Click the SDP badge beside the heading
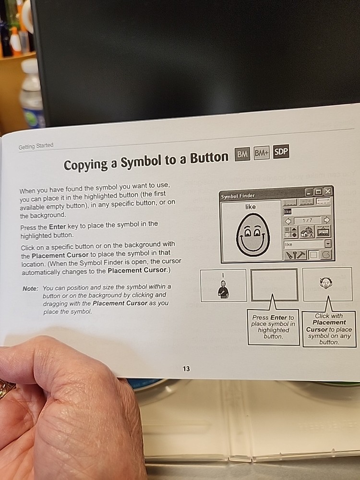point(281,152)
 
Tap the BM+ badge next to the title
point(262,153)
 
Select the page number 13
point(186,369)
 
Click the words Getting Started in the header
point(36,146)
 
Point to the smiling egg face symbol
point(253,234)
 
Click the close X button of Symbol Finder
point(327,192)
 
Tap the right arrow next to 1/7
point(327,220)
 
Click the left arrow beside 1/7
point(288,221)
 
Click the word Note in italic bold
point(31,288)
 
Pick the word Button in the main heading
point(209,158)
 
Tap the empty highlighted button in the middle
point(274,285)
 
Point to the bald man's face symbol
point(326,283)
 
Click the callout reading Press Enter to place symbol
point(274,327)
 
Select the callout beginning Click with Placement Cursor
point(329,329)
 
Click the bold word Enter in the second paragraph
point(57,227)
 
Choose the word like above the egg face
point(251,207)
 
